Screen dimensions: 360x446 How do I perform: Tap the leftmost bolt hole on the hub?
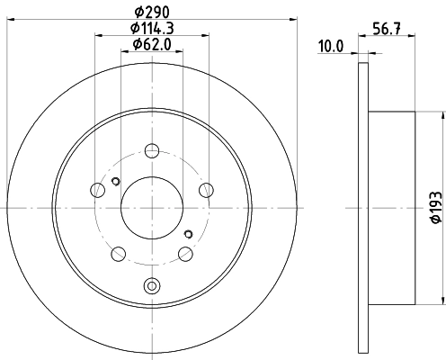[x=98, y=189]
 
